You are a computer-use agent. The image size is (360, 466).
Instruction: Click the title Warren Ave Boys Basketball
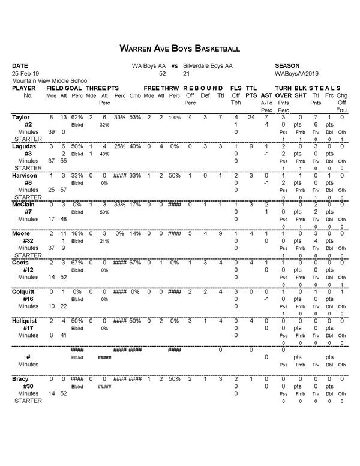[x=180, y=47]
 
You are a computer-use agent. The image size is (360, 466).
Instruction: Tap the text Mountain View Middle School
[x=50, y=80]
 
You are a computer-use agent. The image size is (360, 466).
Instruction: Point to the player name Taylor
[x=21, y=117]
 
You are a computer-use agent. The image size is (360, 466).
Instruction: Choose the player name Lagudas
[x=23, y=146]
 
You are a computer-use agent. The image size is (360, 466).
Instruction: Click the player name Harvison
[x=24, y=175]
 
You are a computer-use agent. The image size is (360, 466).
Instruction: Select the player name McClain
[x=23, y=204]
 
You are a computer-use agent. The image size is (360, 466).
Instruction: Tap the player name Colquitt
[x=24, y=291]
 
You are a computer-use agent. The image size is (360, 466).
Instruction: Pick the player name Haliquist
[x=25, y=320]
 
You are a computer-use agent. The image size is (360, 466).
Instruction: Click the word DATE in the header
[x=20, y=65]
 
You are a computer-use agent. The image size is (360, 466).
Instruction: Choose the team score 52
[x=162, y=73]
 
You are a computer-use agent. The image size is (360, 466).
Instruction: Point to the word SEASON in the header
[x=287, y=65]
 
